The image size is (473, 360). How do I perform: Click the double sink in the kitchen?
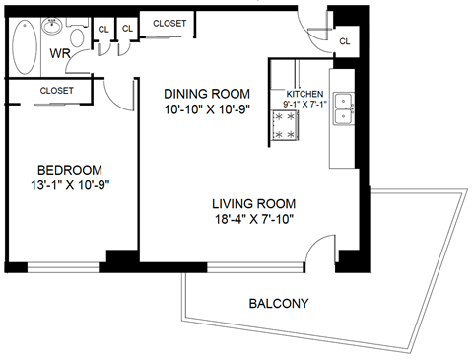click(x=344, y=108)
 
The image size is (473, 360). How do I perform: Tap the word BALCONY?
click(x=279, y=304)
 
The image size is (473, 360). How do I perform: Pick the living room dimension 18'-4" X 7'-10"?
click(x=254, y=220)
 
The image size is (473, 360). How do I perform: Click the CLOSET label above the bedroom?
click(x=56, y=91)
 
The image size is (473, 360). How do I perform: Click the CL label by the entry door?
click(x=345, y=41)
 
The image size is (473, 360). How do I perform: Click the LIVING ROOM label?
click(x=254, y=204)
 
